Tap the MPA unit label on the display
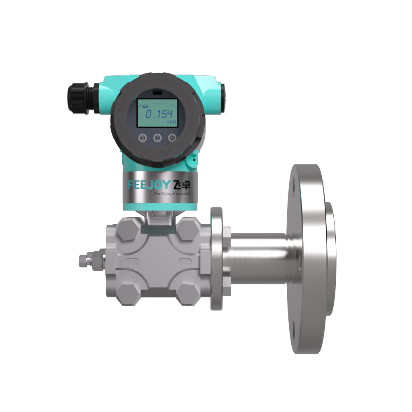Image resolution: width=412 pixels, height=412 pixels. (x=170, y=123)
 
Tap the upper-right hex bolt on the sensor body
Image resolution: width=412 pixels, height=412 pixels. (x=189, y=231)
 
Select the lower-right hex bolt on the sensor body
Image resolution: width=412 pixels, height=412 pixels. (x=189, y=292)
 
